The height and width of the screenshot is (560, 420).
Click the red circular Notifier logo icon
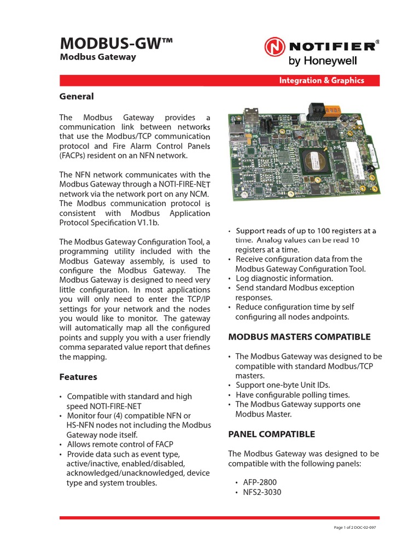pyautogui.click(x=275, y=47)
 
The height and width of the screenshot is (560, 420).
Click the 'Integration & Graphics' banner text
pyautogui.click(x=321, y=80)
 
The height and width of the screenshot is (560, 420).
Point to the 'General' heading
pyautogui.click(x=76, y=96)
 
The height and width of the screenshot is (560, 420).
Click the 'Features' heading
pyautogui.click(x=78, y=377)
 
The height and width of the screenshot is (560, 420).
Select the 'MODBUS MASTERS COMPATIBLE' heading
pyautogui.click(x=299, y=337)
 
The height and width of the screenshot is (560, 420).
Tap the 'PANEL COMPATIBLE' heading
pyautogui.click(x=271, y=434)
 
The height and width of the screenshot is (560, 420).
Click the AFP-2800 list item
pyautogui.click(x=260, y=482)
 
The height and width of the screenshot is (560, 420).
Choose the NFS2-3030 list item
pyautogui.click(x=262, y=492)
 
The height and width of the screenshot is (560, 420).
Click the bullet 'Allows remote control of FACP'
pyautogui.click(x=120, y=444)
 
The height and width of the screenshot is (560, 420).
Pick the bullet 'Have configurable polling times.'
pyautogui.click(x=293, y=395)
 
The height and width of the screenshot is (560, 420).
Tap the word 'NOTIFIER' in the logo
pyautogui.click(x=333, y=46)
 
